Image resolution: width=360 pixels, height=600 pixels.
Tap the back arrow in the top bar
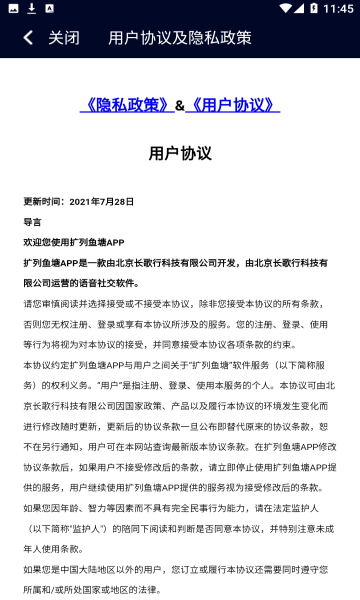pyautogui.click(x=28, y=38)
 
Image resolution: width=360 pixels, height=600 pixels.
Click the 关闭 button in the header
pyautogui.click(x=63, y=38)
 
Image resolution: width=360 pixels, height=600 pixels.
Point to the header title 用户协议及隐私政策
pyautogui.click(x=180, y=38)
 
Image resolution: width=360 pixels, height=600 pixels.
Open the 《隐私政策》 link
pyautogui.click(x=127, y=105)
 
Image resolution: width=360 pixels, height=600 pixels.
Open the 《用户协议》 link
pyautogui.click(x=233, y=105)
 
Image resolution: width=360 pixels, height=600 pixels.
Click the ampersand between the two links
pyautogui.click(x=180, y=105)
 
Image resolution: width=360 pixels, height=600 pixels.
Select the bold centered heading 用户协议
pyautogui.click(x=180, y=153)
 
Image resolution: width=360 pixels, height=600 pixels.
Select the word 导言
pyautogui.click(x=33, y=221)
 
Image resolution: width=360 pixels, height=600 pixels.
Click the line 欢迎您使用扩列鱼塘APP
pyautogui.click(x=74, y=242)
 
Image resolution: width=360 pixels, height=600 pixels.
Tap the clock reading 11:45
pyautogui.click(x=337, y=8)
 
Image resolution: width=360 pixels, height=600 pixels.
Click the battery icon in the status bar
pyautogui.click(x=313, y=8)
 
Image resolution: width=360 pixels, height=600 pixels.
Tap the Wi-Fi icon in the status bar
pyautogui.click(x=284, y=8)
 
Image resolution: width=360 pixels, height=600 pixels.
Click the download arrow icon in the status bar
pyautogui.click(x=32, y=8)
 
